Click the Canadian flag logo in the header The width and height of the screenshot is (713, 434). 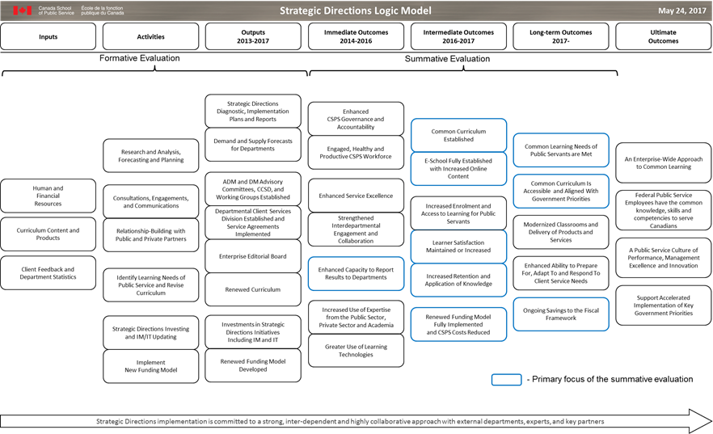[22, 11]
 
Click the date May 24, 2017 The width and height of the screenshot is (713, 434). [681, 11]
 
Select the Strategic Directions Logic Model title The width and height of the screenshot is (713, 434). [355, 11]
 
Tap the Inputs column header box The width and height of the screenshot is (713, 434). [49, 36]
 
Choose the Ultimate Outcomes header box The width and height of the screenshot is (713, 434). [663, 36]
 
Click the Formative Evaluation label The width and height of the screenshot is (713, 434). [140, 58]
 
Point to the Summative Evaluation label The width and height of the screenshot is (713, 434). [447, 58]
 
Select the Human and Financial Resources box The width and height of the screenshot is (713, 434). [49, 195]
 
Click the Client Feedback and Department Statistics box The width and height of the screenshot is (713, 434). [49, 272]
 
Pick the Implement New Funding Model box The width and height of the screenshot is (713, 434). [150, 365]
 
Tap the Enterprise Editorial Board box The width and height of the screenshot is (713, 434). [253, 256]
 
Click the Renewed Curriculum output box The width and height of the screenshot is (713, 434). [253, 289]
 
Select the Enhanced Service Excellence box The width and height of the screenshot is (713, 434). [356, 196]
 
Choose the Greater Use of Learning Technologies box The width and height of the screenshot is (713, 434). [356, 350]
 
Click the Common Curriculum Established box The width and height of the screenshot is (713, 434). [458, 135]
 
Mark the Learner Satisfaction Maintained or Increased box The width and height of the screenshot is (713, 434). [458, 246]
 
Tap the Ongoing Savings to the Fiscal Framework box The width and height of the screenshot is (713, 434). [561, 313]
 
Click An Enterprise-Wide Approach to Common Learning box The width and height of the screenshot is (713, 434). [663, 163]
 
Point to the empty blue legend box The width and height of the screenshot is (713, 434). [506, 379]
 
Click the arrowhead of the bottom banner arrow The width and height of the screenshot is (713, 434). [698, 421]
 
